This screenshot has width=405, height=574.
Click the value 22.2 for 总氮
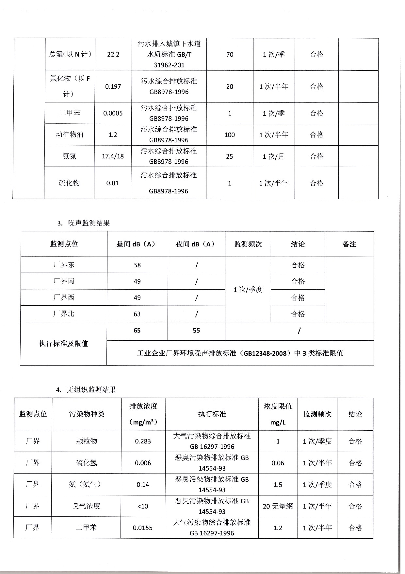click(113, 54)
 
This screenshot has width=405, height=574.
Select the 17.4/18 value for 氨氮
click(113, 156)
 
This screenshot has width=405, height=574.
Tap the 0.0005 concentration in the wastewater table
click(113, 113)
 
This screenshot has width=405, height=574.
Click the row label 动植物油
click(69, 135)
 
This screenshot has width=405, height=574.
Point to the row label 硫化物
click(69, 183)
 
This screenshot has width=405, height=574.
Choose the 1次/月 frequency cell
click(273, 156)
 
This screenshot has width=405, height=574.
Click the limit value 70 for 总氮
click(230, 54)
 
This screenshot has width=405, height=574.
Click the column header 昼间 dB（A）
click(137, 244)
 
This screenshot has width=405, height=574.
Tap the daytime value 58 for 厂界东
click(137, 265)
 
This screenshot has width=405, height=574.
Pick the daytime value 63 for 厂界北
click(137, 314)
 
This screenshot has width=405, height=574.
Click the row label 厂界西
click(64, 297)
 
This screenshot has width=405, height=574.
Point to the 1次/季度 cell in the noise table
click(248, 290)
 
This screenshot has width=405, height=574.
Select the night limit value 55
click(196, 331)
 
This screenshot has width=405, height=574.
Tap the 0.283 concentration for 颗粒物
click(143, 441)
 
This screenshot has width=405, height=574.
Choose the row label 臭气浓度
click(86, 506)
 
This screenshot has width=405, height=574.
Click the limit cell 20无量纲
click(278, 506)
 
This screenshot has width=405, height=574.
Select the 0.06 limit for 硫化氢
click(278, 463)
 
